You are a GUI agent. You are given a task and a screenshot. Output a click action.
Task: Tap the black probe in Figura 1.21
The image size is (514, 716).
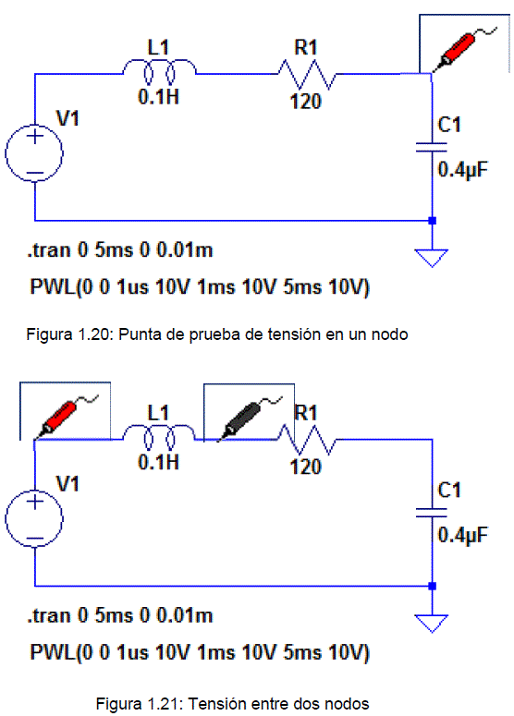tap(243, 418)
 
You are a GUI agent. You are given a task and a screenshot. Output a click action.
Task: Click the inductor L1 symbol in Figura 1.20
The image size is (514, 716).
tap(159, 71)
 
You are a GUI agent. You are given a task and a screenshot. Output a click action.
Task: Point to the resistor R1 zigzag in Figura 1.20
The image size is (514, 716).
tap(307, 74)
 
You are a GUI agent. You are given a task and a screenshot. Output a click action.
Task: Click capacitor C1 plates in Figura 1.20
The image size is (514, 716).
tap(432, 147)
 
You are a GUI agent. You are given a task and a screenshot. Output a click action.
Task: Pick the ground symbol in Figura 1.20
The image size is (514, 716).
tap(432, 258)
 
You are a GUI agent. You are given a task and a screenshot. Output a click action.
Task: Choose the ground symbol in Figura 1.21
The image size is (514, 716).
tap(432, 624)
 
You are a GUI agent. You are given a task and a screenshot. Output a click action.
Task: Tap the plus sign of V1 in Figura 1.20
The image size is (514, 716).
tap(35, 136)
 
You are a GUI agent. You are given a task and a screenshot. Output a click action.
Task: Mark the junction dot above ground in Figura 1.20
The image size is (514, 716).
tap(433, 221)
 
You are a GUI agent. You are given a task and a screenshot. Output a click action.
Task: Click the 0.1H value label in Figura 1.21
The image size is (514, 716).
tap(158, 462)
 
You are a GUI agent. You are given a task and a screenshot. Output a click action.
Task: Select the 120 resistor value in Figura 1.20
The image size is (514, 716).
tap(306, 102)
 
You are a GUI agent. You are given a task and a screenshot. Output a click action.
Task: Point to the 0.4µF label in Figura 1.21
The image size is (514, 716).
tap(463, 535)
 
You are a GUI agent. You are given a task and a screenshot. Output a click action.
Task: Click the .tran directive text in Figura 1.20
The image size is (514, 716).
tap(120, 250)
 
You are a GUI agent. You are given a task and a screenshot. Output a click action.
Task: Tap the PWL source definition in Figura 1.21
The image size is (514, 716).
tap(200, 652)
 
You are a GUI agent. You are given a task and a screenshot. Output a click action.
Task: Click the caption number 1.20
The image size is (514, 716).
tap(94, 334)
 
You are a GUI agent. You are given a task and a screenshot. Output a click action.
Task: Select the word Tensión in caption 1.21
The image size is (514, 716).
tap(214, 704)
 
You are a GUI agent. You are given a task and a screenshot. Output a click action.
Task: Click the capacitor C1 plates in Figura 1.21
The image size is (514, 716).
tap(432, 513)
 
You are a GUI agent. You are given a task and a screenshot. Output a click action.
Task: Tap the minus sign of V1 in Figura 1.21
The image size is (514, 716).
tap(35, 539)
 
